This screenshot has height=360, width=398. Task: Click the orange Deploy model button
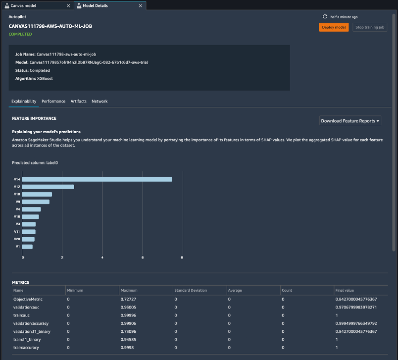pos(334,27)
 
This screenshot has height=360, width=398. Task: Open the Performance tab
pos(53,101)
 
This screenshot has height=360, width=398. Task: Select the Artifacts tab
pos(78,101)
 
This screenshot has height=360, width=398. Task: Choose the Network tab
pos(99,101)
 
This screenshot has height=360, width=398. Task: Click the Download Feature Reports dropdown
pos(350,121)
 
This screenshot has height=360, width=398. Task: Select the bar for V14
pos(97,179)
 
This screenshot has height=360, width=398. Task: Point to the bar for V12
pos(48,187)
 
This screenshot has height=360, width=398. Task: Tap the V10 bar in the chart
pos(37,194)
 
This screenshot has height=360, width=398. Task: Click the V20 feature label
pos(17,239)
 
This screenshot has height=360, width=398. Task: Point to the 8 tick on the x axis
pos(182,257)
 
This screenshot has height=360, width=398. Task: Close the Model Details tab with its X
pos(141,5)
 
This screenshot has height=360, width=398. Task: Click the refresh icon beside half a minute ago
pos(325,16)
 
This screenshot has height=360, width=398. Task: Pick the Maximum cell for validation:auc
pos(128,308)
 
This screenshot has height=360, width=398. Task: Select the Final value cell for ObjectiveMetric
pos(356,299)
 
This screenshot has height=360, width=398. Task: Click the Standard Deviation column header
pos(191,290)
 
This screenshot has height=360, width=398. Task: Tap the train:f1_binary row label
pos(27,340)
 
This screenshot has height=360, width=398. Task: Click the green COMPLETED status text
pos(20,34)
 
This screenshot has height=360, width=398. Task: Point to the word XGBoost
pos(46,78)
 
